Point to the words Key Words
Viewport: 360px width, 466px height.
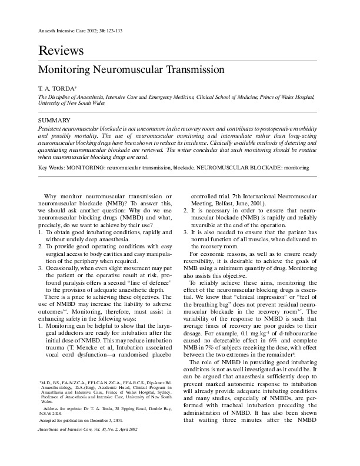pos(51,168)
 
